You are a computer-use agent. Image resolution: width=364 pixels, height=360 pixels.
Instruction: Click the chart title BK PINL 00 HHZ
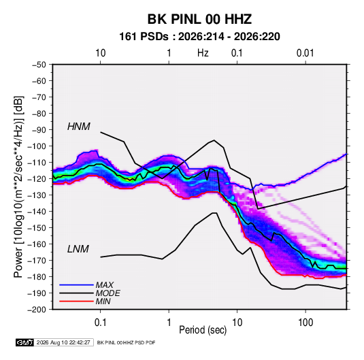(199, 19)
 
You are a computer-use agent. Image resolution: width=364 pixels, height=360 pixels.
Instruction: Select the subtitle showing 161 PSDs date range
(199, 37)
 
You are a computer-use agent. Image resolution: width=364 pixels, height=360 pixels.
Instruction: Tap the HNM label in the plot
(79, 127)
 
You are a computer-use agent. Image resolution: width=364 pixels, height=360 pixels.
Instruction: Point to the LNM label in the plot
(78, 249)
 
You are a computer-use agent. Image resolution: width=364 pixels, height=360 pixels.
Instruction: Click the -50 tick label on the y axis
(39, 65)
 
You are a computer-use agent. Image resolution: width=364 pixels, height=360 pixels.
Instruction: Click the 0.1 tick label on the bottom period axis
(100, 323)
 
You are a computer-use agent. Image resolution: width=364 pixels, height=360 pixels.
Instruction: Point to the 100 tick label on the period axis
(305, 323)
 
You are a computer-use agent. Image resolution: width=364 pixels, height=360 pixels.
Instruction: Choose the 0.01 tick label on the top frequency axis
(305, 53)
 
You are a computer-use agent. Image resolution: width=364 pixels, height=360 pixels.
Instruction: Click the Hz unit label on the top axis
(203, 53)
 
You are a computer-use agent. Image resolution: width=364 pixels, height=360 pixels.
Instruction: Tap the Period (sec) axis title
(203, 330)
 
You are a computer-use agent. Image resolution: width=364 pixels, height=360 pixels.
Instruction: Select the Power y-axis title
(18, 187)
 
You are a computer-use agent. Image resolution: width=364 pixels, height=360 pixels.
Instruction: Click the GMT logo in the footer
(25, 342)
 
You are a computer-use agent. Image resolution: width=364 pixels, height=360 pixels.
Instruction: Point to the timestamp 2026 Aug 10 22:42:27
(63, 342)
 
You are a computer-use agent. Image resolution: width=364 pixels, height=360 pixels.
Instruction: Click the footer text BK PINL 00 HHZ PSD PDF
(126, 342)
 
